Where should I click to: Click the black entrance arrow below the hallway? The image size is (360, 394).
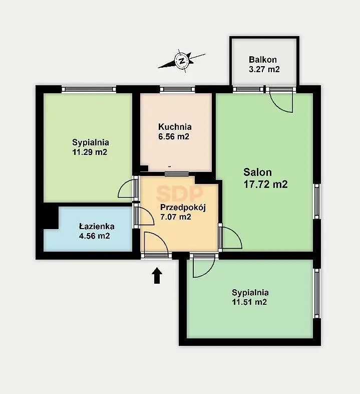(x=157, y=275)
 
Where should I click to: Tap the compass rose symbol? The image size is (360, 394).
(x=182, y=61)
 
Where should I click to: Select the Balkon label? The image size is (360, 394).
(x=263, y=60)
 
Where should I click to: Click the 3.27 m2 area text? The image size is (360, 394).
(x=264, y=69)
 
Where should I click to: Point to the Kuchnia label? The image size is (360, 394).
(x=175, y=127)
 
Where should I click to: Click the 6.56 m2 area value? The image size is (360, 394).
(x=173, y=136)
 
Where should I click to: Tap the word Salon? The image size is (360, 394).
(x=257, y=172)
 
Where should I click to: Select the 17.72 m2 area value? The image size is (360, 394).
(x=265, y=184)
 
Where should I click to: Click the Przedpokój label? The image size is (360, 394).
(x=183, y=208)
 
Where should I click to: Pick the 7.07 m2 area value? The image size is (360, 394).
(x=176, y=217)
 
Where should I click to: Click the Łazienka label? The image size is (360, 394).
(x=97, y=226)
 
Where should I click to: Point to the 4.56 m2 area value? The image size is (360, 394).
(x=95, y=236)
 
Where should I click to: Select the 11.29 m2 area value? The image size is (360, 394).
(x=90, y=152)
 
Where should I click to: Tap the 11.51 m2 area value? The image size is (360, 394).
(x=249, y=302)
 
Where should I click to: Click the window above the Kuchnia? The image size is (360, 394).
(x=177, y=89)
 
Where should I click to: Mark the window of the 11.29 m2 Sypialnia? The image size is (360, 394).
(x=89, y=89)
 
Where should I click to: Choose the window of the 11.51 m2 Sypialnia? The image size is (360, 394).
(x=317, y=293)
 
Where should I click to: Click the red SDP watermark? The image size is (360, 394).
(x=179, y=193)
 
